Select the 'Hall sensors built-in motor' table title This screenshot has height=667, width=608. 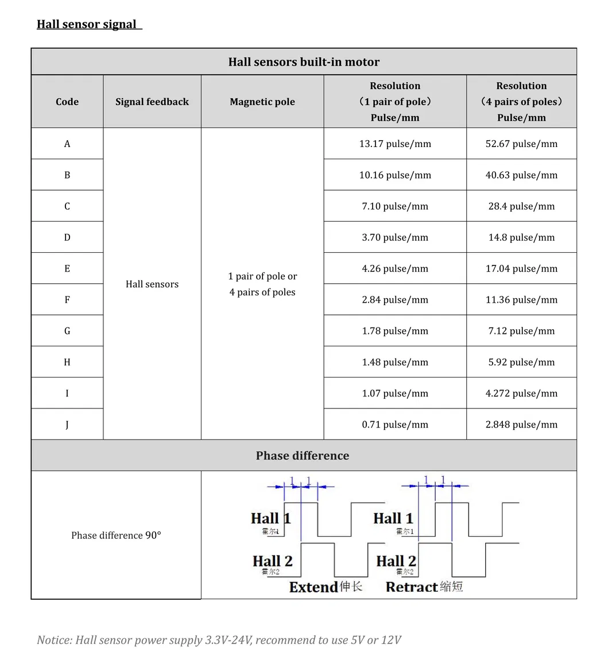coord(304,62)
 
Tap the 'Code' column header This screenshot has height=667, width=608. coord(67,102)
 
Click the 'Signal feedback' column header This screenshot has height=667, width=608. coord(152,102)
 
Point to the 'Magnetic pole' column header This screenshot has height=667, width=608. coord(262,102)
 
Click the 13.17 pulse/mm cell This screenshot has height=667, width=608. coord(395,144)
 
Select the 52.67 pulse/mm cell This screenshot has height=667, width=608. coord(521,144)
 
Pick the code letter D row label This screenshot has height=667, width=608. coord(67,237)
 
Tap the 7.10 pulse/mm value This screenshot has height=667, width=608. coord(395,206)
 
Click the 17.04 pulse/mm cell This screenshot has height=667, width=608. coord(521,268)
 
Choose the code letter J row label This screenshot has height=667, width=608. coord(67,425)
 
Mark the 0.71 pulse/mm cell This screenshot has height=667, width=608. coord(395,425)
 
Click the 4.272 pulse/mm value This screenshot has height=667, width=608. coord(521,394)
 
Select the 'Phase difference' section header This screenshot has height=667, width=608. coord(303,456)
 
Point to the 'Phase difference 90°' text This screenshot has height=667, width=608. coord(116,535)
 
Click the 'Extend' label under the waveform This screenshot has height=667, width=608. coord(313,587)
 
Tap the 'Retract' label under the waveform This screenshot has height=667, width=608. coord(412,587)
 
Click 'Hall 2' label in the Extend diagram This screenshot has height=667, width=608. coord(272,561)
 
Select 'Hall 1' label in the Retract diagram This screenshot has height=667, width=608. coord(393,518)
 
